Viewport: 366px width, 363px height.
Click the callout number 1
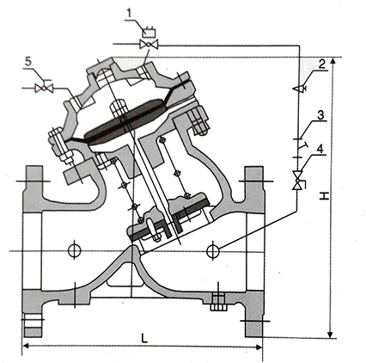tap(130, 14)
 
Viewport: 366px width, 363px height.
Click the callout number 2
tap(322, 65)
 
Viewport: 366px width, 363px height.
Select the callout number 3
tap(320, 115)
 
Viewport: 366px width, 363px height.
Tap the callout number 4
tap(320, 149)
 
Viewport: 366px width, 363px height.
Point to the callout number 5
tap(28, 62)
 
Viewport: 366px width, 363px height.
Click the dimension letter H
tap(324, 196)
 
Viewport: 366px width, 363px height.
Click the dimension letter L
tap(144, 339)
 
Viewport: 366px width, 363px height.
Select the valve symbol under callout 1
tap(149, 45)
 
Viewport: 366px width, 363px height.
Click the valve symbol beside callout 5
tap(44, 88)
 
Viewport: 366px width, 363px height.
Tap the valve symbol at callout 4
tap(298, 181)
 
